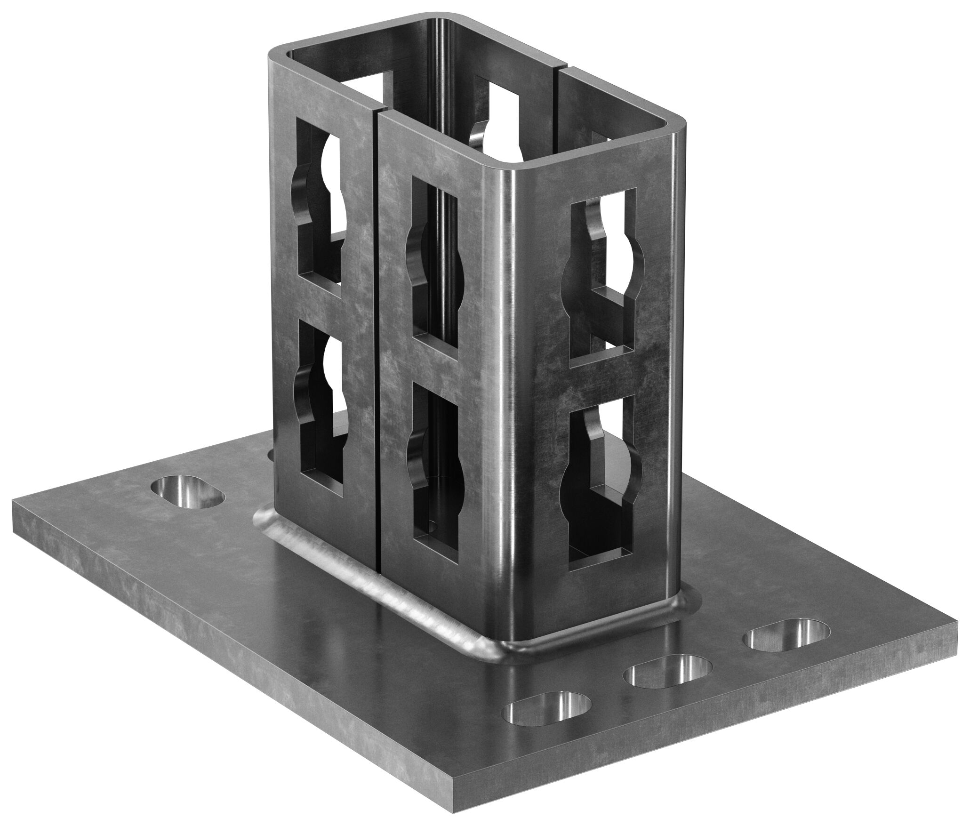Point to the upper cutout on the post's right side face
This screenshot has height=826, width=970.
[602, 249]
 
